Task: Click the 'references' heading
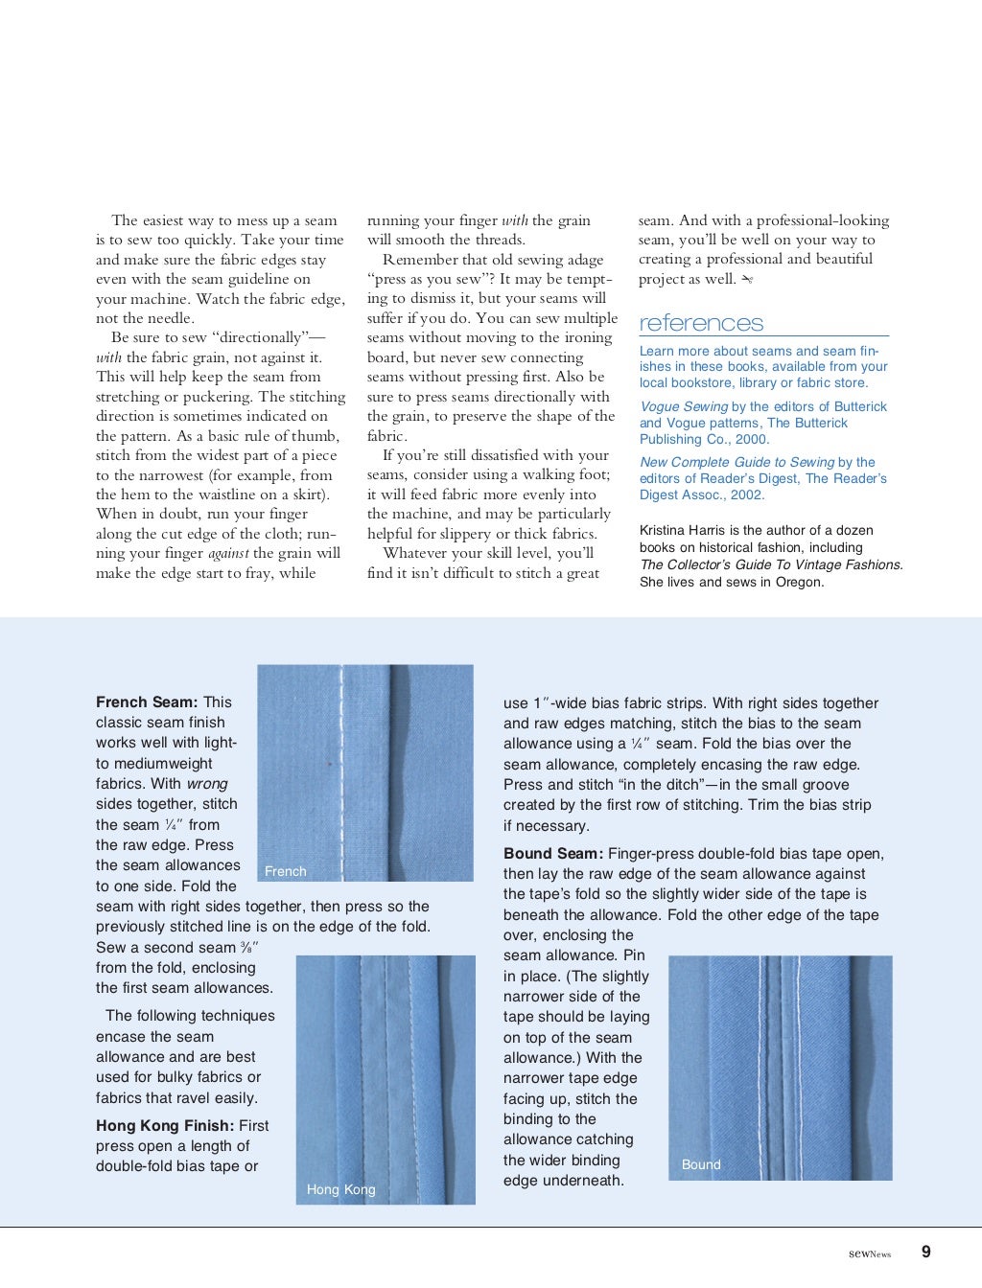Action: (701, 323)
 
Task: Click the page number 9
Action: (925, 1252)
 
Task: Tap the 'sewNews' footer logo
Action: (870, 1253)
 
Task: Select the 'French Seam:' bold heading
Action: (147, 702)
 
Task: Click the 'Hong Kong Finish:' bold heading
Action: (164, 1126)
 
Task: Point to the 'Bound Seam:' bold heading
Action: (553, 854)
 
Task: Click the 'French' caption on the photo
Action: (285, 871)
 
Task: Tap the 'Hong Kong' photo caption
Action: (340, 1189)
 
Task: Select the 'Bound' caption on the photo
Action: (700, 1164)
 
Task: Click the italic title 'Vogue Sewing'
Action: (684, 406)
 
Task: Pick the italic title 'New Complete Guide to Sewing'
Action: (736, 462)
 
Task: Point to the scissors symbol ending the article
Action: (748, 280)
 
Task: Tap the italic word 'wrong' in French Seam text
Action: (206, 784)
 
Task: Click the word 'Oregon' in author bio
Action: (797, 582)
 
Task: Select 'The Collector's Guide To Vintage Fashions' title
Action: (770, 564)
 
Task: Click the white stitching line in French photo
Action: (340, 767)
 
